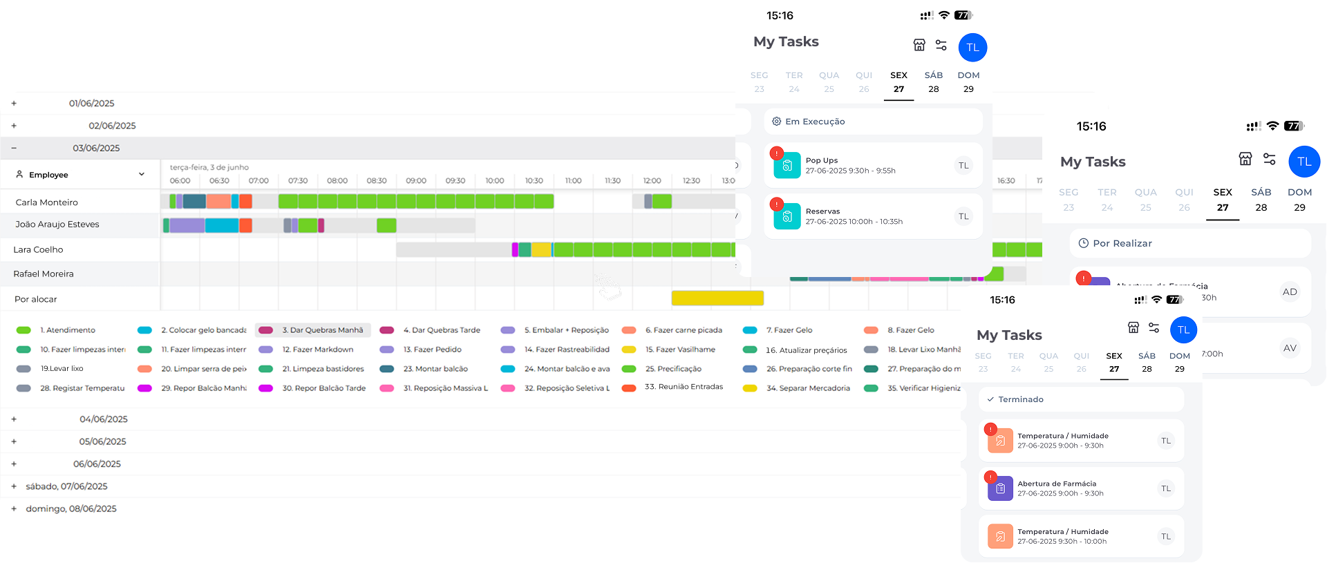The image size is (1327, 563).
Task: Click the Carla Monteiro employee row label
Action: pos(47,202)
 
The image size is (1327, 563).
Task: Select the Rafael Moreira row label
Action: pos(44,274)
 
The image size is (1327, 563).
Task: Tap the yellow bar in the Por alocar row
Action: pos(717,298)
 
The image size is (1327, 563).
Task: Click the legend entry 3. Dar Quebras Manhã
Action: pos(322,330)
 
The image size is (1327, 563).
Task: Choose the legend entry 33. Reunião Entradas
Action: pos(684,387)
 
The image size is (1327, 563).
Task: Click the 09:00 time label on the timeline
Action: pos(416,181)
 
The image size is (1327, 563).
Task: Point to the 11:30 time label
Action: pos(612,181)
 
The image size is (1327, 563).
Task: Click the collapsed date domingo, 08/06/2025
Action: pos(71,508)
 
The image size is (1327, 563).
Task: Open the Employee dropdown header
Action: pos(80,175)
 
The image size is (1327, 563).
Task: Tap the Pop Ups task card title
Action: pos(822,160)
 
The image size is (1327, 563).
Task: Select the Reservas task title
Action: pos(822,211)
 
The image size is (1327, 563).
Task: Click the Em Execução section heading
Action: pos(815,122)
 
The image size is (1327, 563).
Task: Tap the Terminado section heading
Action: pos(1020,399)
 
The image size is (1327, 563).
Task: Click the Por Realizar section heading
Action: pos(1122,243)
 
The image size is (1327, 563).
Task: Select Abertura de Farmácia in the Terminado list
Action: pos(1057,484)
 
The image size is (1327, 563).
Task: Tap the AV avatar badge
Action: pos(1290,348)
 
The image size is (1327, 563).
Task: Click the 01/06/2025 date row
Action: pos(91,104)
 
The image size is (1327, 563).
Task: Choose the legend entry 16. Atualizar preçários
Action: pos(806,350)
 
